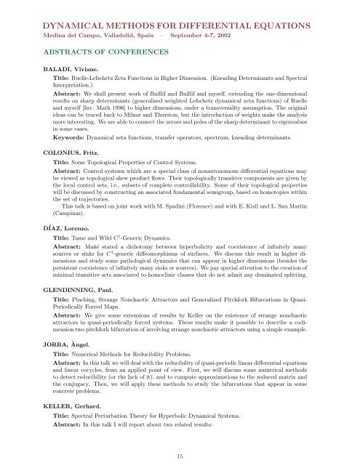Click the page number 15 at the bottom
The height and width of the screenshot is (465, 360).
coord(180,456)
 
